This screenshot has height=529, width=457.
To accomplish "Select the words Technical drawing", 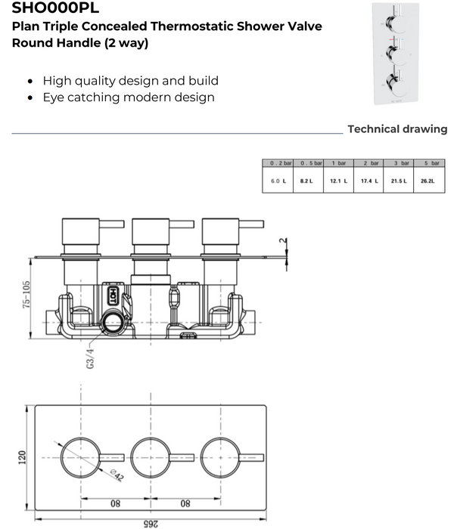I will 396,129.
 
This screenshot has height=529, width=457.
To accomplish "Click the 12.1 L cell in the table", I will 337,182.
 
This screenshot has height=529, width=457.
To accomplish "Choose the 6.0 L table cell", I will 278,182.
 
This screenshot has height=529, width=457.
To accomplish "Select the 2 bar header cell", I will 369,163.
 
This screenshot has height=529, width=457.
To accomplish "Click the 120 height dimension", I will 22,457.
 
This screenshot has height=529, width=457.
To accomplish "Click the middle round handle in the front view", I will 150,456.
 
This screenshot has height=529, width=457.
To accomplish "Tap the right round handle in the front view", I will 221,456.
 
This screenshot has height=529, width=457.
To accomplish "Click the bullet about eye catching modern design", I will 129,97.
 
